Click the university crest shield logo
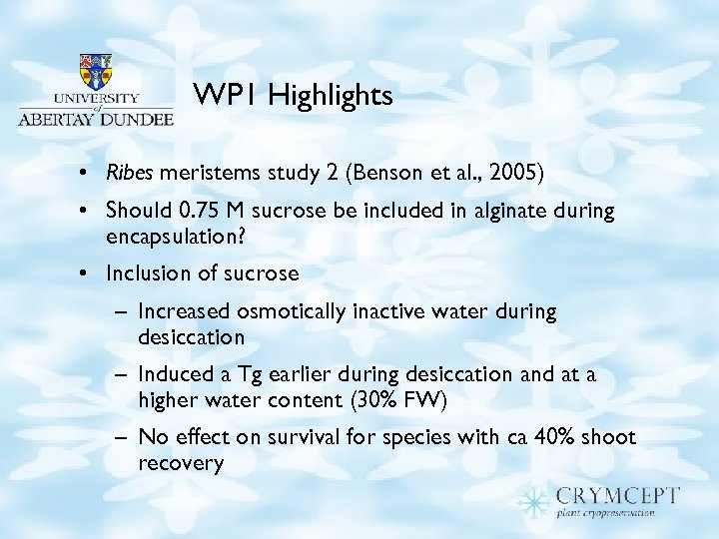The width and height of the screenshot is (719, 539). pos(95,73)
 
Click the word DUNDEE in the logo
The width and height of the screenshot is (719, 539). pos(138,117)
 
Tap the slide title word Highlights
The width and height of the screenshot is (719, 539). pos(331,96)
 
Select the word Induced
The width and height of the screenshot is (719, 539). pos(174,374)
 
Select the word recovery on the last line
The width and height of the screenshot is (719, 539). pos(181,463)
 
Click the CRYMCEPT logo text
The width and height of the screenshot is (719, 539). pos(619,496)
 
